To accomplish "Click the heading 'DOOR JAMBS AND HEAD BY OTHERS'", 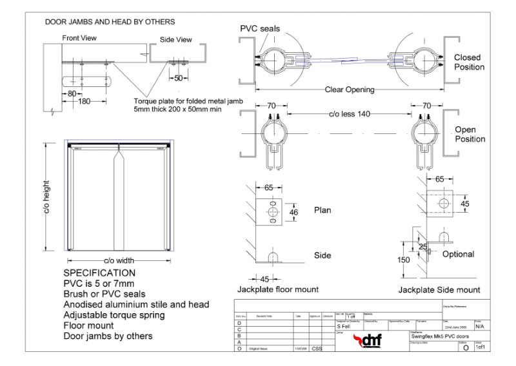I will coord(110,22).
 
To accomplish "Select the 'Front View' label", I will coord(79,38).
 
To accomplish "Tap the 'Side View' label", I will coord(175,39).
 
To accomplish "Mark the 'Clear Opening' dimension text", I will coord(349,90).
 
